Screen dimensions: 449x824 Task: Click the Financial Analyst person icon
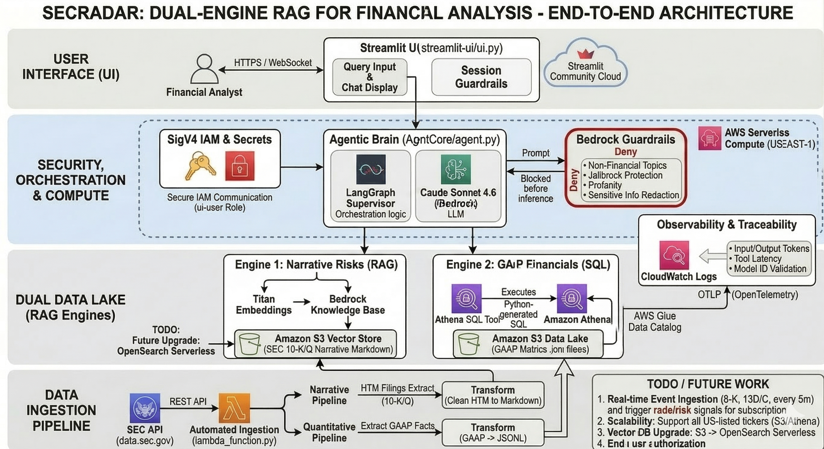point(205,69)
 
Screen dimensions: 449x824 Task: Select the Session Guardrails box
point(481,77)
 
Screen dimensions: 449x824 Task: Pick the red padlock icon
point(239,166)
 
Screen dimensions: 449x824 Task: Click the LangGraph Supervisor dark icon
point(371,169)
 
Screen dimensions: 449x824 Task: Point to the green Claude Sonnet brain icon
point(456,169)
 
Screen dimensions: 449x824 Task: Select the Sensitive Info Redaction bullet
point(631,195)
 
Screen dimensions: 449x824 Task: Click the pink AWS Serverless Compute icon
point(709,138)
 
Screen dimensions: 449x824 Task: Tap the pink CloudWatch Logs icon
point(674,255)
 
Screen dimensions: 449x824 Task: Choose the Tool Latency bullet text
point(757,259)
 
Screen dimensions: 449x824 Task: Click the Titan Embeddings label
point(264,305)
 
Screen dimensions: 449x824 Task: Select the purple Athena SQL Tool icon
point(466,298)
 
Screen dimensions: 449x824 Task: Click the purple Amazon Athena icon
point(572,298)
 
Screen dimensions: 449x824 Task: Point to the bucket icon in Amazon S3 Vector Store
point(249,344)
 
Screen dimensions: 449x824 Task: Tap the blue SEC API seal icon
point(145,408)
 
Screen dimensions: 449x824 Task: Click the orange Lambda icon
point(234,408)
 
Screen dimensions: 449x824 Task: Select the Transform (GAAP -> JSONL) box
point(493,432)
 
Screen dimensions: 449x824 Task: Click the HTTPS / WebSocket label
point(273,63)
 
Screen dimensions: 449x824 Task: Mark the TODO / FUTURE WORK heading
point(708,384)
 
